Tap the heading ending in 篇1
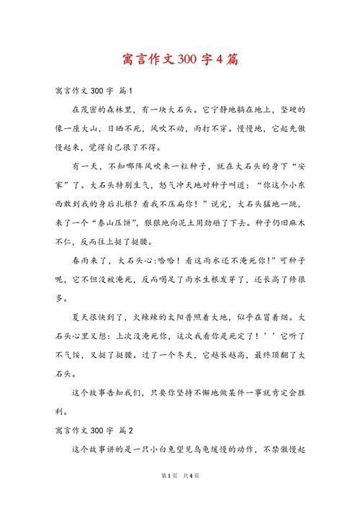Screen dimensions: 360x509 tap(94, 91)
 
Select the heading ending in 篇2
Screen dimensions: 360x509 tap(94, 431)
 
